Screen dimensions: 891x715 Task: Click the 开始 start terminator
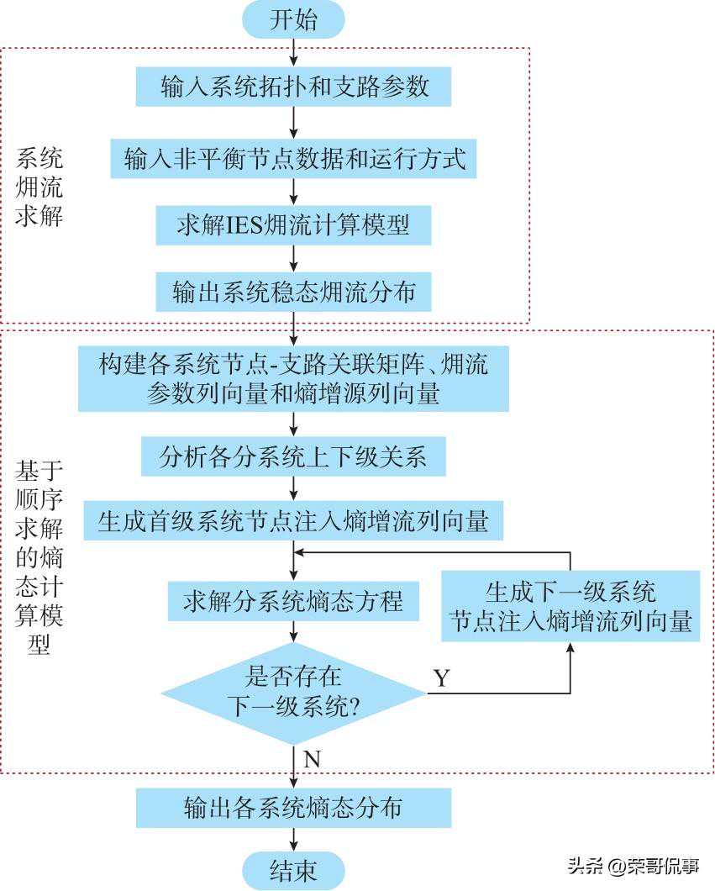coord(293,20)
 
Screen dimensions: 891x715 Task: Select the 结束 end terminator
coord(293,870)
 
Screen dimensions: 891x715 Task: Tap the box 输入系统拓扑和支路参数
coord(293,87)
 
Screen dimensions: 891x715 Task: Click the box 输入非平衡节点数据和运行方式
coord(293,159)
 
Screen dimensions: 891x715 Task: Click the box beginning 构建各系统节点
coord(293,378)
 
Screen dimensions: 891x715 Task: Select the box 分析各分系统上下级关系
coord(293,457)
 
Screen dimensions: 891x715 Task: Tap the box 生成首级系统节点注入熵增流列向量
coord(293,521)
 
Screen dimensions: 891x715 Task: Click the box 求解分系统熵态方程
coord(293,602)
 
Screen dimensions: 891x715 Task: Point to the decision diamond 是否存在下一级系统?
coord(293,693)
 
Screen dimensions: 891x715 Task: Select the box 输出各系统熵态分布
coord(293,808)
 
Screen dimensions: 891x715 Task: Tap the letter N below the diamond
coord(312,759)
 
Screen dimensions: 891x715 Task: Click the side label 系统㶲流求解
coord(39,187)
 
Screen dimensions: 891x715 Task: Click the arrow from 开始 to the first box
coord(293,52)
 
